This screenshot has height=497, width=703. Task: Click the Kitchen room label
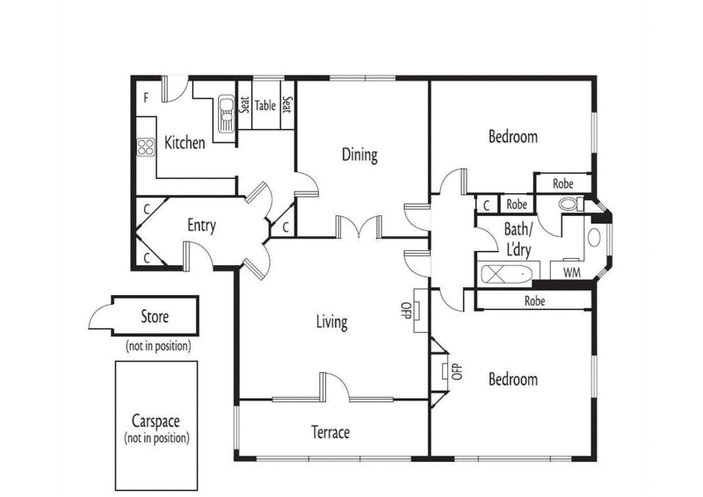pyautogui.click(x=185, y=142)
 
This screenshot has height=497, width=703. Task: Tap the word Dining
pyautogui.click(x=359, y=155)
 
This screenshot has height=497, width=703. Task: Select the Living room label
pyautogui.click(x=331, y=322)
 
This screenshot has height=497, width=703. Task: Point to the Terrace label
pyautogui.click(x=330, y=432)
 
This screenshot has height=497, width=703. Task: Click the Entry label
pyautogui.click(x=201, y=226)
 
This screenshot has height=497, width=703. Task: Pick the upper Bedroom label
pyautogui.click(x=513, y=137)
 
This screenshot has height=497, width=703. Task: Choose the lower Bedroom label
pyautogui.click(x=513, y=379)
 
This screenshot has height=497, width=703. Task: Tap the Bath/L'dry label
pyautogui.click(x=518, y=238)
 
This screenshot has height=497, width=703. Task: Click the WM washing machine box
pyautogui.click(x=571, y=273)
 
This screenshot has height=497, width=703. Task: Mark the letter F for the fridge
pyautogui.click(x=147, y=97)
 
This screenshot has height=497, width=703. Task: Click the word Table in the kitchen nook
pyautogui.click(x=265, y=106)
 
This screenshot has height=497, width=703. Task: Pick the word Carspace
pyautogui.click(x=156, y=420)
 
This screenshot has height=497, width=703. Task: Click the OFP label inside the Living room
pyautogui.click(x=406, y=310)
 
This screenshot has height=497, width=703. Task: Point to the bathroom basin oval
pyautogui.click(x=593, y=238)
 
